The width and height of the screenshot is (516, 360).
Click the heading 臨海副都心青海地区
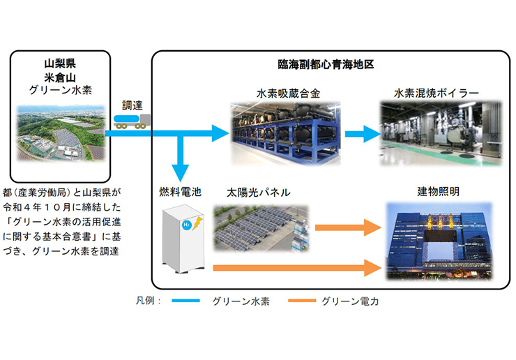click(324, 64)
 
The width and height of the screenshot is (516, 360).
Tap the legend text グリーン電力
click(350, 301)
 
